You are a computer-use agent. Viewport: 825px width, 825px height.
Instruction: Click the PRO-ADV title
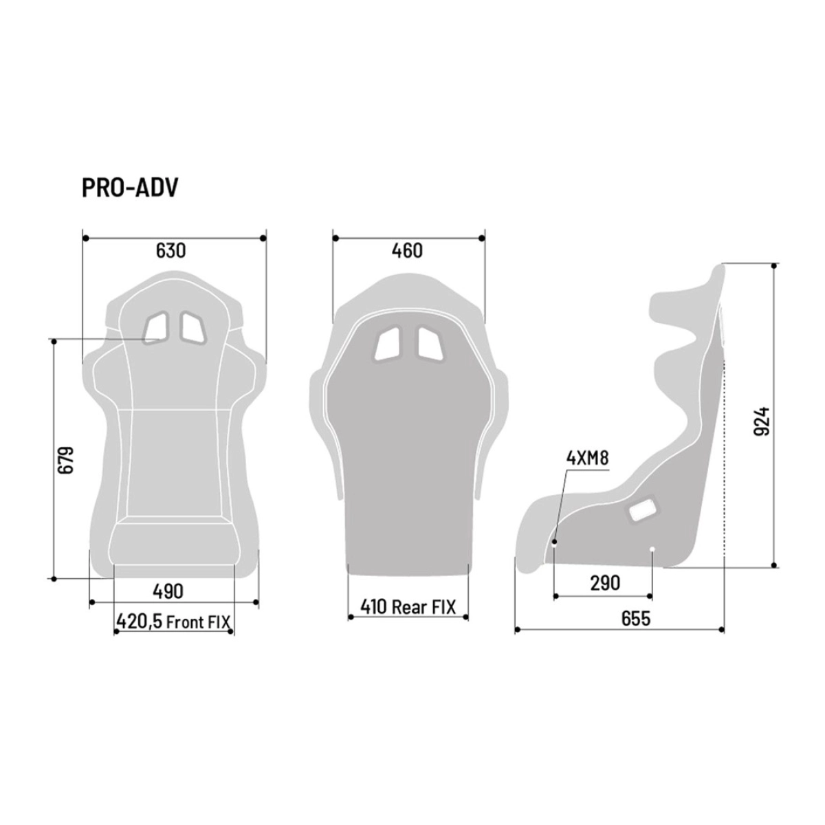(x=129, y=188)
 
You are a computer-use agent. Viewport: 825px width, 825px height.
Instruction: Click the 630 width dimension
(x=170, y=250)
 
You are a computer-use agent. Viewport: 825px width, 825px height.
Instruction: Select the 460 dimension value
(x=407, y=250)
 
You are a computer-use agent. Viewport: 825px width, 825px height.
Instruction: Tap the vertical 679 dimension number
(x=67, y=460)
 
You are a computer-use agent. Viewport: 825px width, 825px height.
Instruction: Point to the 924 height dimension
(x=761, y=421)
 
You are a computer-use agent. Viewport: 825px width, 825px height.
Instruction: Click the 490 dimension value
(x=168, y=591)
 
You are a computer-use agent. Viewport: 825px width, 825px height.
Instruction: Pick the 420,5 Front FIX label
(x=173, y=621)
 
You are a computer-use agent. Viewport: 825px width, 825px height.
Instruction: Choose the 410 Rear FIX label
(x=408, y=606)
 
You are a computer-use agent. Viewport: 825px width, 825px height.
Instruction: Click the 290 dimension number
(x=605, y=583)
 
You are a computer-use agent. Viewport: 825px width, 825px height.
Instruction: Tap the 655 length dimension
(x=636, y=618)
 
